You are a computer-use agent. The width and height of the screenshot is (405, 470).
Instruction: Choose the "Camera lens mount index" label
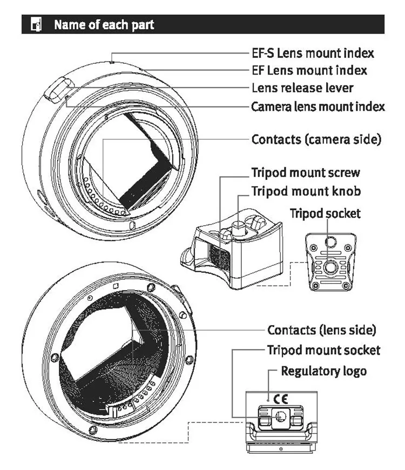(x=318, y=106)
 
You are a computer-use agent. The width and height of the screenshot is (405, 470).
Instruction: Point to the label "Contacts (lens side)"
(x=322, y=330)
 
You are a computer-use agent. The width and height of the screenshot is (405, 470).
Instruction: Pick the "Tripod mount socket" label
(x=323, y=350)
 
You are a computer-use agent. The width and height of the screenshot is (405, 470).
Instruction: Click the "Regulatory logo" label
(x=323, y=371)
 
